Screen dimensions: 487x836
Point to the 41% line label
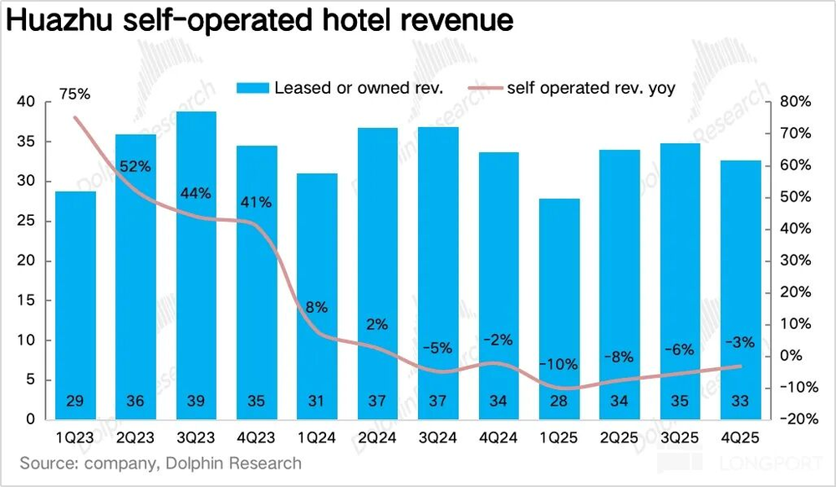point(256,202)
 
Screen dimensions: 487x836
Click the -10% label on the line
point(558,364)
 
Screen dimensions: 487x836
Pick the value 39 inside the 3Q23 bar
point(196,402)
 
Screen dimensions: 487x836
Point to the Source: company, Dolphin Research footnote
point(161,463)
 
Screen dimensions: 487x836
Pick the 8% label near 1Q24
point(316,307)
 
